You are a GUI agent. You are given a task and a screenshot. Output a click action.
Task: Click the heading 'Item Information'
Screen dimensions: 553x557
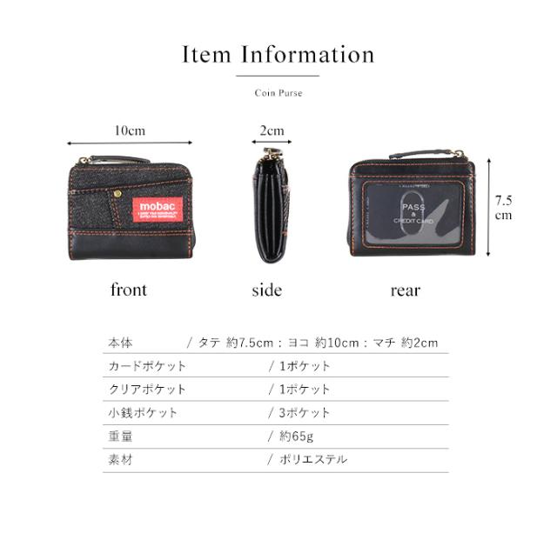278,56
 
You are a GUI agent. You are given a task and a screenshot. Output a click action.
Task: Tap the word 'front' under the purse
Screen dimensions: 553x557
129,290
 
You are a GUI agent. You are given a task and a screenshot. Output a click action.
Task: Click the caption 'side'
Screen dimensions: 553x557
266,290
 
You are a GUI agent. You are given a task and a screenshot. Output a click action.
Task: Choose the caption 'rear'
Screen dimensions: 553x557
406,290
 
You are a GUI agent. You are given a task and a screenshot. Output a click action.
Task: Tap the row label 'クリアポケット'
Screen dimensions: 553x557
145,390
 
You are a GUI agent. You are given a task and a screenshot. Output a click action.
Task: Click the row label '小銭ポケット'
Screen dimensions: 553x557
139,413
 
